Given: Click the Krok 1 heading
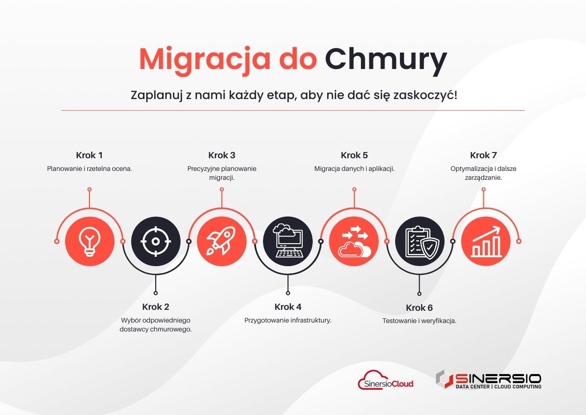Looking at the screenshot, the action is (x=89, y=155).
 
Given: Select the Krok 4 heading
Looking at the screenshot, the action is (x=288, y=307).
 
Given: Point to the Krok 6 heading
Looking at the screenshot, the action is (x=419, y=307).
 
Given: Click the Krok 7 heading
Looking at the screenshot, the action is (x=483, y=155).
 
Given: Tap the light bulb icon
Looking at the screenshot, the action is (x=90, y=241).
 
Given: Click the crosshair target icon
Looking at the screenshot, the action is (x=156, y=241).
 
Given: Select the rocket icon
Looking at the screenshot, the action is (x=221, y=241).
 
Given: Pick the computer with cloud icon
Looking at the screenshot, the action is (x=288, y=240).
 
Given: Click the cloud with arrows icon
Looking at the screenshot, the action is (x=354, y=241).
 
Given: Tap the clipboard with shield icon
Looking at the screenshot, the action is (x=420, y=242).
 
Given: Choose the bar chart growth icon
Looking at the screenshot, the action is (x=486, y=241).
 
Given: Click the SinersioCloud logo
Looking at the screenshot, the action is (x=386, y=380).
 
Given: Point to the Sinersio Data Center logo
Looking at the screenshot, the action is (x=488, y=379).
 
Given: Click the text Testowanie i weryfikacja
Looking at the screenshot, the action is (x=419, y=321).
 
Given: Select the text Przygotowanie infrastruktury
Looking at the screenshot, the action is (x=288, y=321).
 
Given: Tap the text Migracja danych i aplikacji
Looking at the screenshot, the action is (x=354, y=169).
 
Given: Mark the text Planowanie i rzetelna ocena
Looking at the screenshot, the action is (x=89, y=169).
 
